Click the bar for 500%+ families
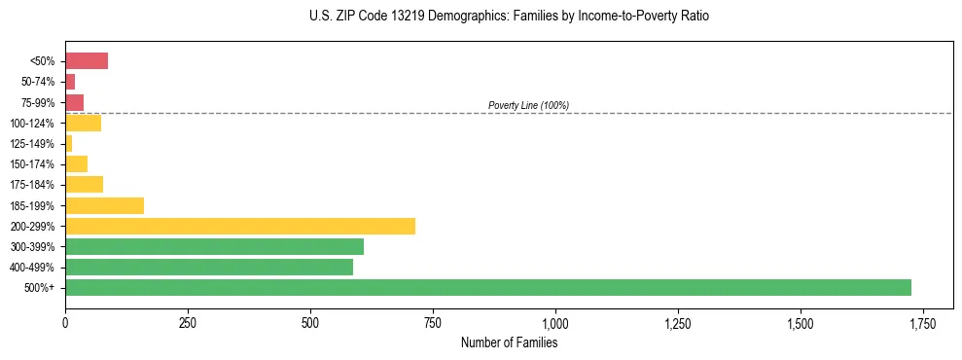(x=487, y=287)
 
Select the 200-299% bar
(x=240, y=226)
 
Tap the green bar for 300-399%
(x=214, y=246)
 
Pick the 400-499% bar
(x=209, y=267)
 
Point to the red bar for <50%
(x=87, y=61)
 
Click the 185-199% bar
(x=104, y=205)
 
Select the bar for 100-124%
(x=83, y=123)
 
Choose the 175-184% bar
(x=84, y=184)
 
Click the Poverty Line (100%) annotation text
(x=528, y=105)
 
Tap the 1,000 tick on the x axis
(x=555, y=322)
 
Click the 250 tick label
(x=188, y=322)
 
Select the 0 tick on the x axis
(x=65, y=322)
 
